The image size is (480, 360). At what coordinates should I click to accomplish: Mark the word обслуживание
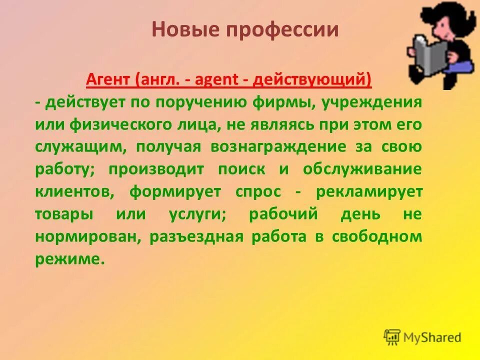click(x=362, y=169)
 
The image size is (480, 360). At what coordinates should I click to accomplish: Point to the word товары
click(x=64, y=214)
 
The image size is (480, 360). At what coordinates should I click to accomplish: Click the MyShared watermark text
click(x=432, y=337)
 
